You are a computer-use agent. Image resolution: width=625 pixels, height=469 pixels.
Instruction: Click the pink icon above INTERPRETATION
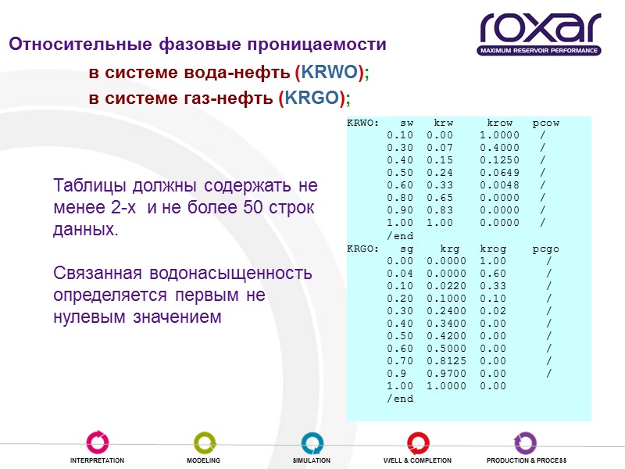pyautogui.click(x=97, y=442)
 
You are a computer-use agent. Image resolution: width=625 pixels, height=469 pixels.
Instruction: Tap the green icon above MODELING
pyautogui.click(x=204, y=442)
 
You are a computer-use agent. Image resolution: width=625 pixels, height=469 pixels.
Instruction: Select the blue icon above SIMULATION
pyautogui.click(x=312, y=442)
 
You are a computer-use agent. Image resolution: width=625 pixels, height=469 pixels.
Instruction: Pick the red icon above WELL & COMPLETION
pyautogui.click(x=418, y=442)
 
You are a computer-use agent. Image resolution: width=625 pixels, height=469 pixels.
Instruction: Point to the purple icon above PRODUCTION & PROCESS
pyautogui.click(x=525, y=442)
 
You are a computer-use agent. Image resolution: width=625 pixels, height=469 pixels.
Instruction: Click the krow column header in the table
pyautogui.click(x=499, y=124)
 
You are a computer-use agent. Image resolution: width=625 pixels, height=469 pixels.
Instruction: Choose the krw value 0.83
pyautogui.click(x=439, y=211)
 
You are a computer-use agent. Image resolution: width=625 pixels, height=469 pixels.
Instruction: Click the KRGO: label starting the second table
pyautogui.click(x=363, y=249)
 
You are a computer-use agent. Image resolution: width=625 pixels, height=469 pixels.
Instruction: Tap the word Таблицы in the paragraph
pyautogui.click(x=87, y=188)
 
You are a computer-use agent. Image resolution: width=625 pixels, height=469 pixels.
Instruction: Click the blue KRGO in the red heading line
pyautogui.click(x=316, y=98)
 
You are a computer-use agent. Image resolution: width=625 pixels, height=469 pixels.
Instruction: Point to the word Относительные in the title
pyautogui.click(x=71, y=45)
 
